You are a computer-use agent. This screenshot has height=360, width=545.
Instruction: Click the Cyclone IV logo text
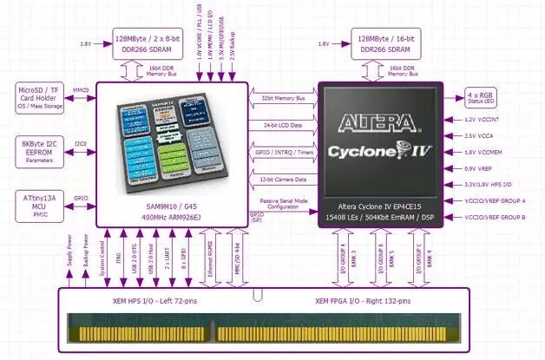[382, 151]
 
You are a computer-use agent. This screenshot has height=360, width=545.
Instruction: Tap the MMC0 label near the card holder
[80, 89]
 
